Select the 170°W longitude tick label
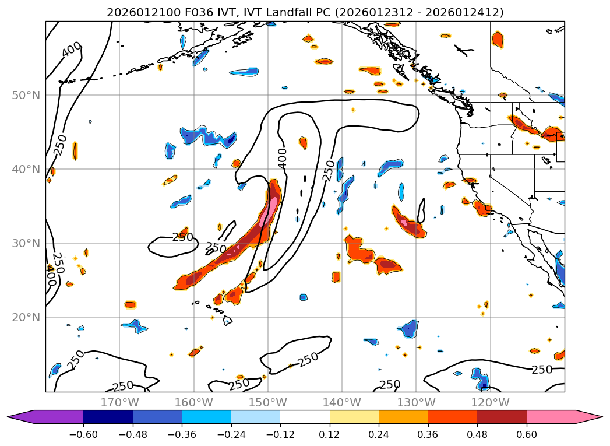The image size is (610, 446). coord(119,402)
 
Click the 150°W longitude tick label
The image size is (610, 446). coord(268,402)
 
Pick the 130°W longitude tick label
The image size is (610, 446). coord(416,402)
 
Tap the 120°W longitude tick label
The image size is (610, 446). coord(490,402)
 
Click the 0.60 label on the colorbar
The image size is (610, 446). coord(526,434)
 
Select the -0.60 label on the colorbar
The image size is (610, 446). coord(83,434)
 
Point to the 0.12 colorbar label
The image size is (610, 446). coord(330,434)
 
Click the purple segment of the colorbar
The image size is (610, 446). coord(52,417)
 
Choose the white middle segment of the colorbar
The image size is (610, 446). coord(305,417)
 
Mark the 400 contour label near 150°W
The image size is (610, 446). coord(283,158)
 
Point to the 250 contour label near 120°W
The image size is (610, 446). coord(542,370)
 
